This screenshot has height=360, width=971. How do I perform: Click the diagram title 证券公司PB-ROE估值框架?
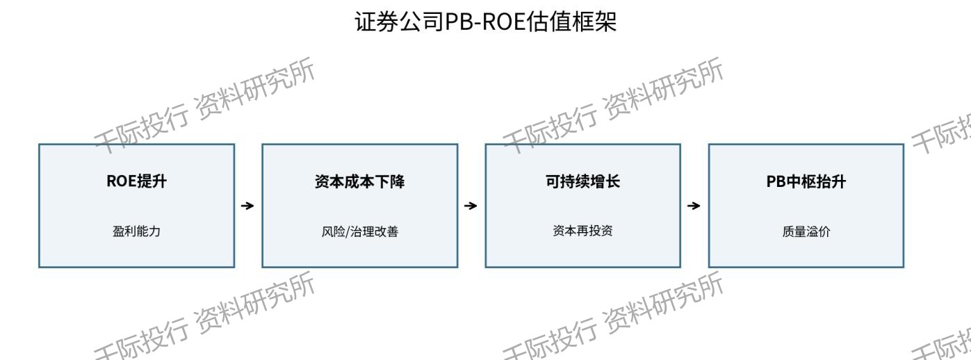(x=485, y=22)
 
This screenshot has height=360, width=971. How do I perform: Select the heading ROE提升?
(x=136, y=181)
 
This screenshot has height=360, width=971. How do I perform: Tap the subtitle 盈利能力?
(x=136, y=231)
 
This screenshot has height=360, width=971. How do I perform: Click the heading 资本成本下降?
(x=360, y=181)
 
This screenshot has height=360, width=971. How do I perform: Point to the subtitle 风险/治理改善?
(x=360, y=231)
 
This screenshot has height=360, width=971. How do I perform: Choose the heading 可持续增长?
(x=582, y=181)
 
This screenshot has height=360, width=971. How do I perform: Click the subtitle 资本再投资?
(x=582, y=231)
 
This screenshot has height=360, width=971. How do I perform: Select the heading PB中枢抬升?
(x=806, y=181)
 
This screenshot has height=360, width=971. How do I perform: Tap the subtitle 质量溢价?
(x=806, y=231)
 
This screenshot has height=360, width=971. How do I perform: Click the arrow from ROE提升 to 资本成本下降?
(x=247, y=206)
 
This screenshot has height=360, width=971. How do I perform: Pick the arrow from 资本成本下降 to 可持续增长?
(x=471, y=206)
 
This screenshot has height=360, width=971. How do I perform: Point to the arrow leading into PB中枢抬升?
(x=694, y=206)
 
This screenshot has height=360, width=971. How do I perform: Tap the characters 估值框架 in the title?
(x=571, y=22)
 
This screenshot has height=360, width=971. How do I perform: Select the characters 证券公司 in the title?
(x=400, y=22)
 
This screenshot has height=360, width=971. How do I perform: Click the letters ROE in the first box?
(x=122, y=181)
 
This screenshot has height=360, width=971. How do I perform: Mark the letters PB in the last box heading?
(x=776, y=181)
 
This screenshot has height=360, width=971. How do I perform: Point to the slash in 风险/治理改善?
(x=348, y=231)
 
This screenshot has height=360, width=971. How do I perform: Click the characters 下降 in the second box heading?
(x=390, y=181)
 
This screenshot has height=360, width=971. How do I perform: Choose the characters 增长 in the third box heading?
(x=605, y=181)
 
